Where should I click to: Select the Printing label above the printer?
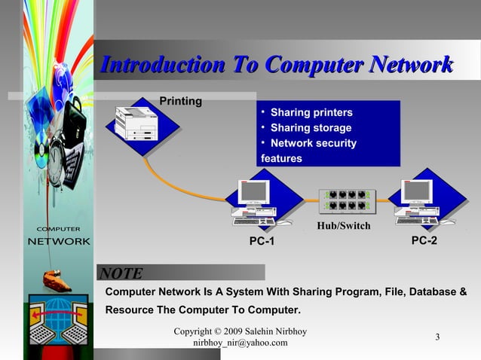[x=180, y=101]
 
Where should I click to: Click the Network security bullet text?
[x=313, y=143]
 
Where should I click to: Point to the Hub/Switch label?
[x=344, y=225]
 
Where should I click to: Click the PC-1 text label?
[x=262, y=241]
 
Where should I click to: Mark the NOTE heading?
[x=121, y=273]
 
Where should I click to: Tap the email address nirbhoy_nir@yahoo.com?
[x=240, y=343]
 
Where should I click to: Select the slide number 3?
[x=437, y=337]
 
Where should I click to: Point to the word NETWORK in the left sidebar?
[x=59, y=242]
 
